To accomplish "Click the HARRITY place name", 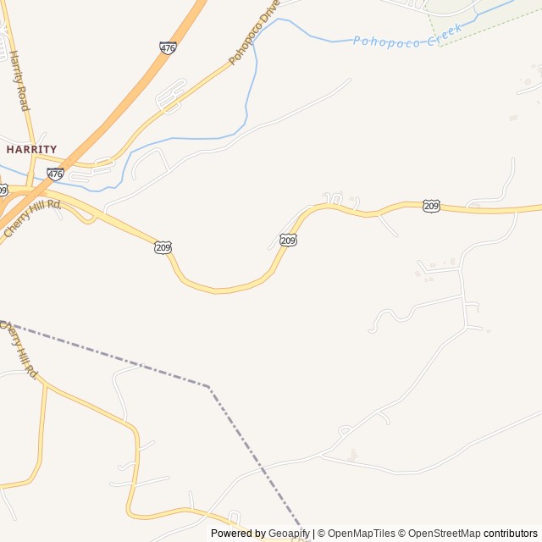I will tap(31, 149).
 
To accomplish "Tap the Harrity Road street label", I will tap(19, 81).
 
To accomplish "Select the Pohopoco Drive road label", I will tap(253, 34).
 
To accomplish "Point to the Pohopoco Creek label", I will tap(407, 36).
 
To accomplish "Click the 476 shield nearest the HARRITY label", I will tap(55, 174).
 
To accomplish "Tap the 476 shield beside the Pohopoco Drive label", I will tap(168, 48).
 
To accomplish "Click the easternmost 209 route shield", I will tap(431, 206).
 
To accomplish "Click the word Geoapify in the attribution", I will tap(290, 534).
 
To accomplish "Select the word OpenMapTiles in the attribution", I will tap(361, 534).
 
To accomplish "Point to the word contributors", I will tap(511, 534).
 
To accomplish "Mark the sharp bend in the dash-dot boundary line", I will tap(209, 387).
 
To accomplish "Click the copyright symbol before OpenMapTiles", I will tap(321, 534).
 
